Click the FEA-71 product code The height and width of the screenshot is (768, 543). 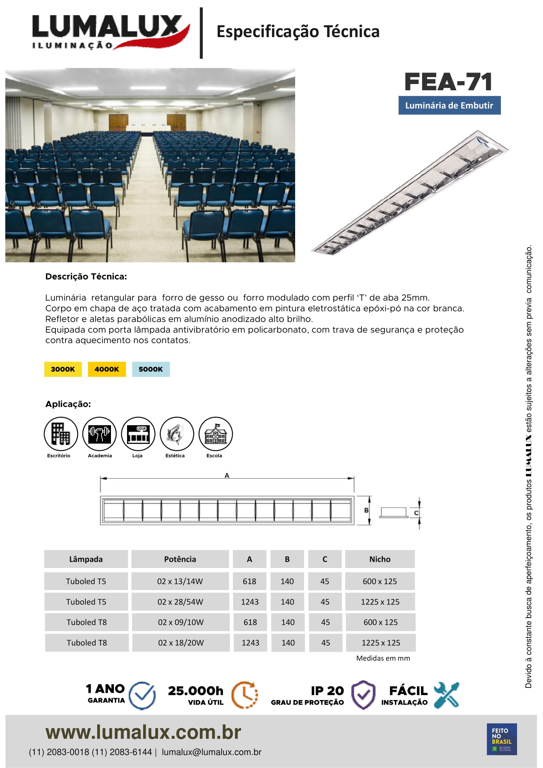click(x=448, y=82)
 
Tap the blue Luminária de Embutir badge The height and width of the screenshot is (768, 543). click(x=449, y=105)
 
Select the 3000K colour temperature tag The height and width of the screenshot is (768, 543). click(x=63, y=369)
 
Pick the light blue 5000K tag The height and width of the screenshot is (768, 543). click(x=150, y=369)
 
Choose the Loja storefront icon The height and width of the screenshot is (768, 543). click(x=138, y=434)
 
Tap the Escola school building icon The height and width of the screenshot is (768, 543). click(x=215, y=434)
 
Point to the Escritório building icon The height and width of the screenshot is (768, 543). click(x=60, y=434)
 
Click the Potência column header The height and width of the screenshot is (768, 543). click(x=180, y=559)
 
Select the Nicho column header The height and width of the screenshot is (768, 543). click(x=380, y=559)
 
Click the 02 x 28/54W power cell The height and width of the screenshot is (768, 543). click(x=180, y=602)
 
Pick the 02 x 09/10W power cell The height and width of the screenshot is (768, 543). click(x=181, y=622)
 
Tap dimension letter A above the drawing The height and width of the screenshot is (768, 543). click(x=227, y=475)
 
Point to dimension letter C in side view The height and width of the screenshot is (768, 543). click(x=416, y=513)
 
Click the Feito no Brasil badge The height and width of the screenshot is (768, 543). click(x=502, y=739)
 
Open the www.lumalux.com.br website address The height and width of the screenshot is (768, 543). click(x=143, y=732)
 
